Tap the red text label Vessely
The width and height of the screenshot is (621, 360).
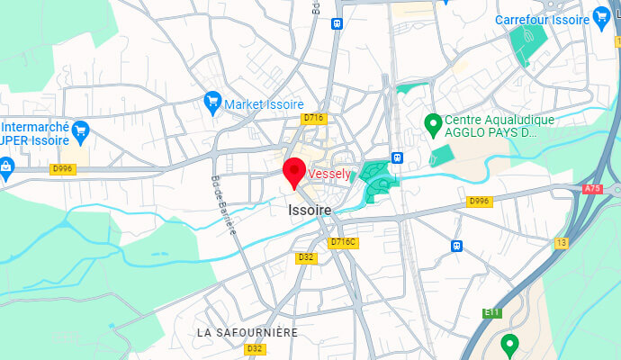pos(329,174)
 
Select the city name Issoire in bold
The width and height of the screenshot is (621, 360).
pos(310,210)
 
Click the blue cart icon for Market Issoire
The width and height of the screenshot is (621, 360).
pos(212,99)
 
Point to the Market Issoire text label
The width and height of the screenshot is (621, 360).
pos(264,104)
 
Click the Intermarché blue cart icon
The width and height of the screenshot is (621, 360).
pos(80,130)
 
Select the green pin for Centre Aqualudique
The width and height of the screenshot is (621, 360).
pos(432,121)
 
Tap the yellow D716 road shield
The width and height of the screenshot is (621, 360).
pos(313,118)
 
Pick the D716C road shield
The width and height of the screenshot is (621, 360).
pos(344,242)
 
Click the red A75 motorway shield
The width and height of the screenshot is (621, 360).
pos(592,189)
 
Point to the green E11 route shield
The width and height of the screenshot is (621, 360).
pos(490,312)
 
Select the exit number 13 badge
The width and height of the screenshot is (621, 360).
pos(562,243)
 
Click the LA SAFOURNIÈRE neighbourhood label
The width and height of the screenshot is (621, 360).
pos(247,332)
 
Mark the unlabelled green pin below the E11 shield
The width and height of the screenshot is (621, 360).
pos(510,344)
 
